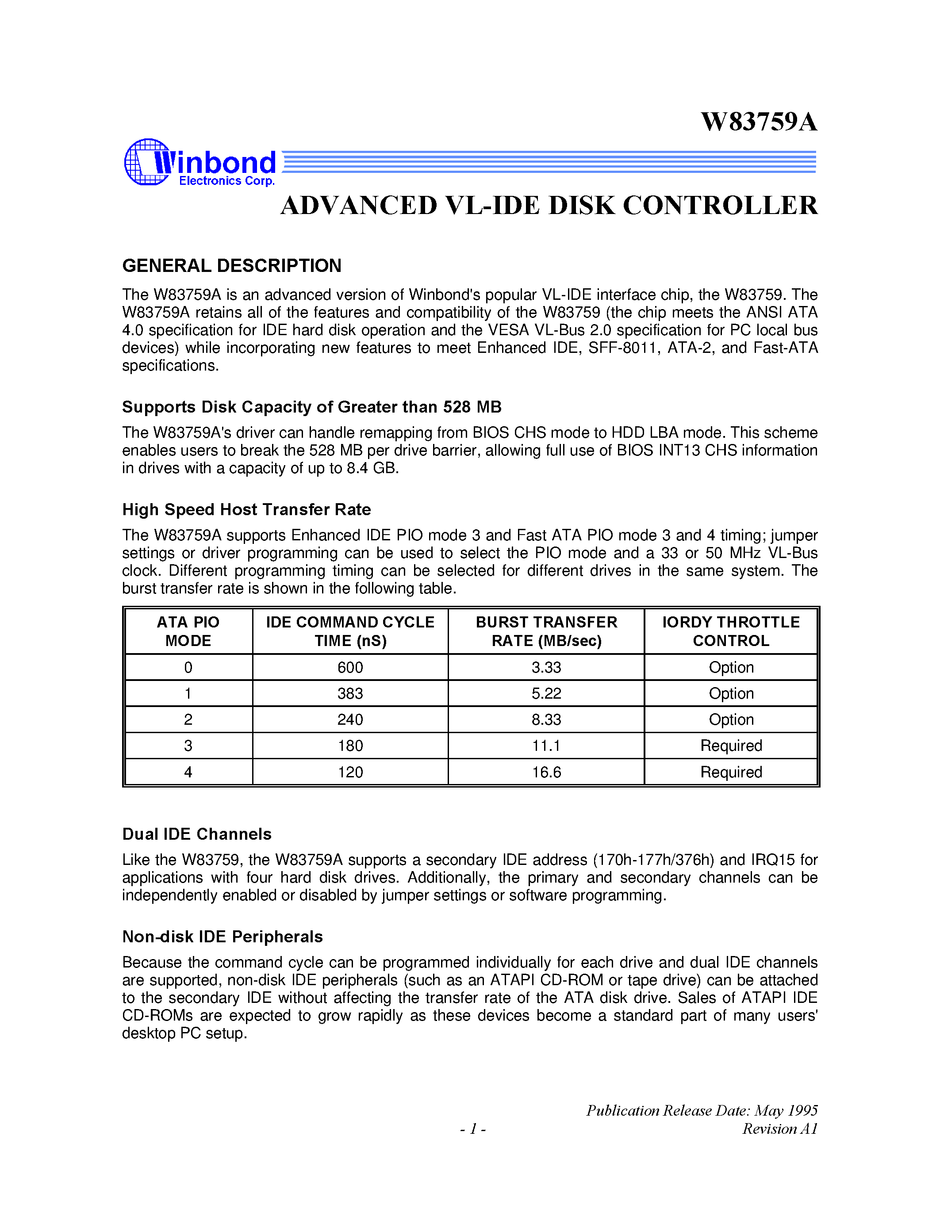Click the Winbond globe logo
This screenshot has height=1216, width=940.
146,162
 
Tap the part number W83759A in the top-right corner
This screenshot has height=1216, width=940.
759,122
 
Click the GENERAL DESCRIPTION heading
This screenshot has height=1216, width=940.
232,266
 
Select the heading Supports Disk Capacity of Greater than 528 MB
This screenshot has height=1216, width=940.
312,407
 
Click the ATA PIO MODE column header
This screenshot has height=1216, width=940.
188,631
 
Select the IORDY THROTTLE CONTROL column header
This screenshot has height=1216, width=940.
731,631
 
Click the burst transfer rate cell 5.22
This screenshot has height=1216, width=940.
546,693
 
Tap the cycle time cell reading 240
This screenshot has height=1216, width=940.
350,719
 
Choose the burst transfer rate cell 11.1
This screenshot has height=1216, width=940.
546,746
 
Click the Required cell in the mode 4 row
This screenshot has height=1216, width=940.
731,772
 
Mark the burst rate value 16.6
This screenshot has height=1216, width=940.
546,772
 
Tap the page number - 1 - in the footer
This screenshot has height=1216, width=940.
473,1128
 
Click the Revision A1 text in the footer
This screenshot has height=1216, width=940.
779,1128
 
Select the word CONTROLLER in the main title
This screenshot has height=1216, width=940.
720,206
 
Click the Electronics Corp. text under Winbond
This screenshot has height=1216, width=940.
226,181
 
